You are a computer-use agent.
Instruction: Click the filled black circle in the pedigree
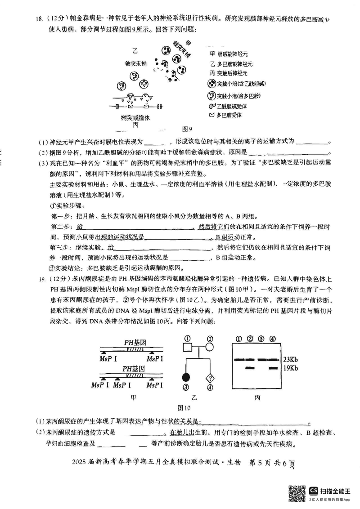click(x=184, y=375)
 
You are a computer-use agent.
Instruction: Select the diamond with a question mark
click(x=210, y=375)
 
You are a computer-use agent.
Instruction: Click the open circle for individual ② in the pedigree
click(x=210, y=348)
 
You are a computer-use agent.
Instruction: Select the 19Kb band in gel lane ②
click(x=250, y=368)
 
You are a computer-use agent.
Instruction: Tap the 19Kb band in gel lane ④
click(x=273, y=368)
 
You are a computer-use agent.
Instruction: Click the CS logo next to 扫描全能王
click(x=314, y=490)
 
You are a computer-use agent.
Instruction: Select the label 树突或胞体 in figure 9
click(x=135, y=118)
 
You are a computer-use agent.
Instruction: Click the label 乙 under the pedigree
click(x=196, y=397)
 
